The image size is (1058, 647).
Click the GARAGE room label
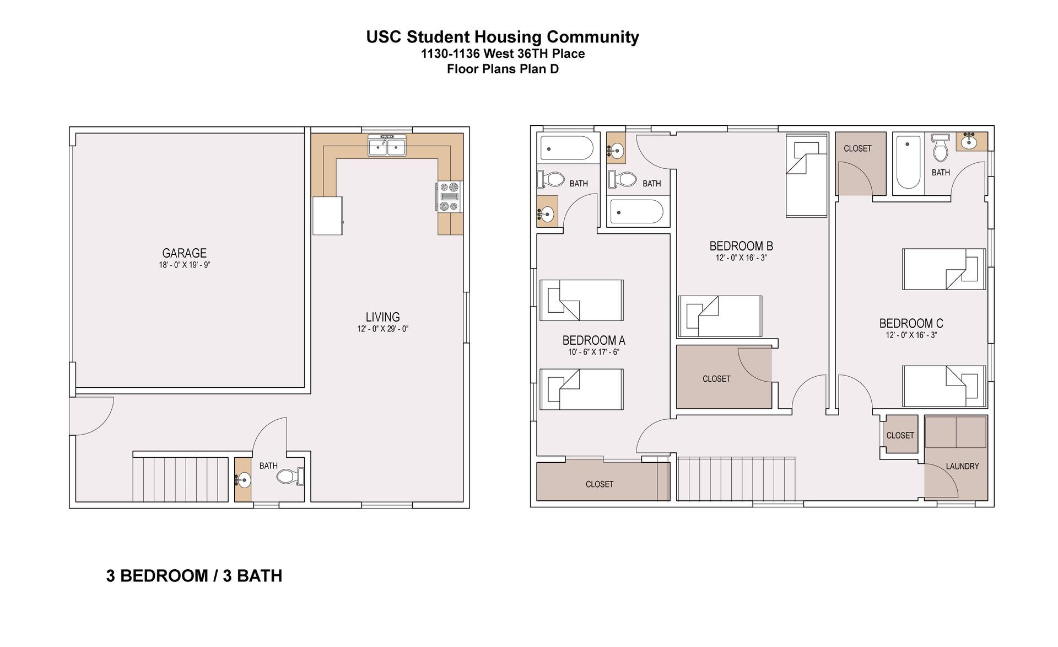pos(184,253)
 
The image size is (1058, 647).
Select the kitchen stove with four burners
pos(450,197)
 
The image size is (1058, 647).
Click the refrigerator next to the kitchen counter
pos(328,216)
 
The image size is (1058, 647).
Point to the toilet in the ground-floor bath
pos(290,477)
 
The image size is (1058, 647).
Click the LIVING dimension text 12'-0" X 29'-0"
pos(382,329)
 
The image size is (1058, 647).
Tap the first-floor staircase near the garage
pos(181,478)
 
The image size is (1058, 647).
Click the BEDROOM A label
pos(593,340)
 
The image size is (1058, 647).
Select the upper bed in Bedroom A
pos(581,301)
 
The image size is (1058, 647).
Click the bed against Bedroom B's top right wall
pos(806,177)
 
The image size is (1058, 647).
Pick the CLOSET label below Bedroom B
pos(716,379)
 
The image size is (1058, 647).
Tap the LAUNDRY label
pos(962,466)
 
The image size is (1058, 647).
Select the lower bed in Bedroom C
pos(943,386)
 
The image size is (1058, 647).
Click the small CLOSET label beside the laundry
pos(900,435)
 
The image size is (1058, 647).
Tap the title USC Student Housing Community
pos(503,37)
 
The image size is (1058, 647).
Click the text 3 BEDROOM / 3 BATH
pos(194,576)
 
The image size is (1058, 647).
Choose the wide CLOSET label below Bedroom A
pos(599,484)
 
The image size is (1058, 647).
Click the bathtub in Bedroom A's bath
pos(566,148)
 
